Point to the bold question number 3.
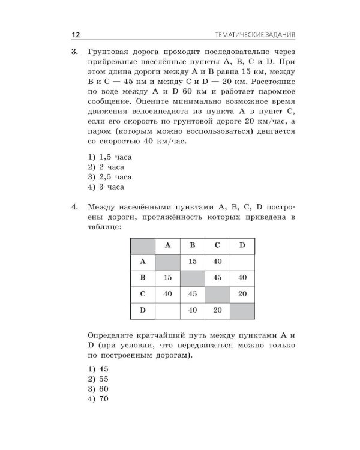74,52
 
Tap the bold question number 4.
74,207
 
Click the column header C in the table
217,245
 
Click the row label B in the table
143,278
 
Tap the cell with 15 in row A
193,262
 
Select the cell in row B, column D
242,278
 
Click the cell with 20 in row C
242,294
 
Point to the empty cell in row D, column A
167,311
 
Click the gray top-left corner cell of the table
143,245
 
